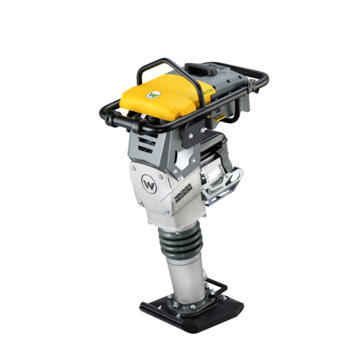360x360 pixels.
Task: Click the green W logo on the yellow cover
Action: coord(152,93)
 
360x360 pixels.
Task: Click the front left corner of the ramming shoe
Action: coord(144,307)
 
